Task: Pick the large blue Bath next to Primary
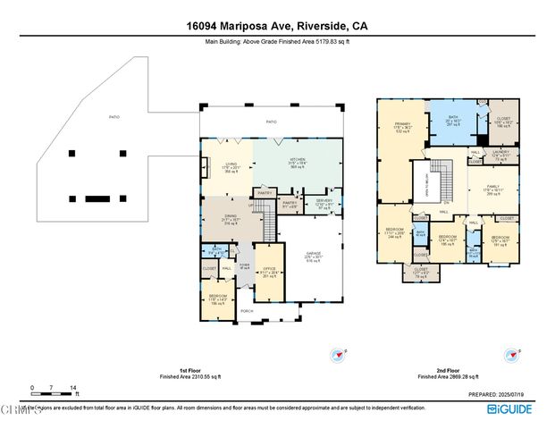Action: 454,122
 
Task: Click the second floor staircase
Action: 439,167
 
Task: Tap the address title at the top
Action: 277,27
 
